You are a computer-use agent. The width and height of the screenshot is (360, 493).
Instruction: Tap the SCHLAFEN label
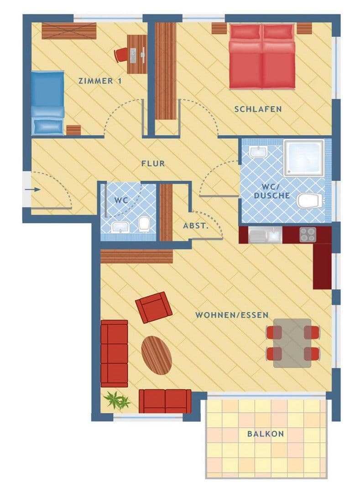258,109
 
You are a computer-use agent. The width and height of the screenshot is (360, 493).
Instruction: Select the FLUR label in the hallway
153,163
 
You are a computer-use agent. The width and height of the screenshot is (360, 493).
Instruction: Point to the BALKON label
265,434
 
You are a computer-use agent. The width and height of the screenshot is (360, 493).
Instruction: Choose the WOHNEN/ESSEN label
231,315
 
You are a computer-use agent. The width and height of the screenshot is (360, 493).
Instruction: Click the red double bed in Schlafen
261,56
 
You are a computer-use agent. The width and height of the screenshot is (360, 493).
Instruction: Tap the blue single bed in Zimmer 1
47,103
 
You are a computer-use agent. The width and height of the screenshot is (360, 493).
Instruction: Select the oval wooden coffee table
157,355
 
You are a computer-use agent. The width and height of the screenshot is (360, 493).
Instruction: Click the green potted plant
116,400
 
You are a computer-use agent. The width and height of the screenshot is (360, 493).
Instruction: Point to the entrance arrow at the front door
30,188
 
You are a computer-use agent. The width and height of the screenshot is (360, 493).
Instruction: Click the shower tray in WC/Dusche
304,158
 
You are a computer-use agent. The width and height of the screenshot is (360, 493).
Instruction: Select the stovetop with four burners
307,235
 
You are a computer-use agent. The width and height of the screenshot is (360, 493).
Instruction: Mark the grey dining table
292,342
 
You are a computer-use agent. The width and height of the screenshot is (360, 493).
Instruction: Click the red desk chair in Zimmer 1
121,55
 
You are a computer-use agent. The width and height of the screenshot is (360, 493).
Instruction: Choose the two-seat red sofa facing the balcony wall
165,400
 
